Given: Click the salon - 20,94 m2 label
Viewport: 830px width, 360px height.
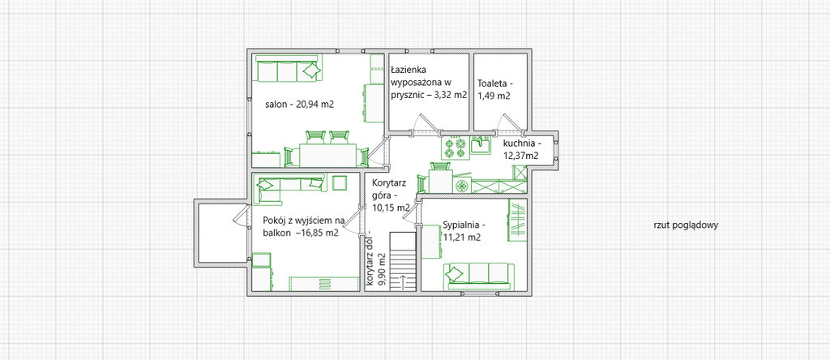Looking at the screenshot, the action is (300, 105).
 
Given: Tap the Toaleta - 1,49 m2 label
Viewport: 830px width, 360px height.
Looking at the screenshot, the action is (495, 89).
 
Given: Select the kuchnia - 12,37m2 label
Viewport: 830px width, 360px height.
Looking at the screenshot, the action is (521, 149).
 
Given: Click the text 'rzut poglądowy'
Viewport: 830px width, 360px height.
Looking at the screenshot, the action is (686, 225).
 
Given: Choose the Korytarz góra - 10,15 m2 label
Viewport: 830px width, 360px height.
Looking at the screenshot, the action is (391, 195).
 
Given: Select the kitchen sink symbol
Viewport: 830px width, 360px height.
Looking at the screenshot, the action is (481, 145).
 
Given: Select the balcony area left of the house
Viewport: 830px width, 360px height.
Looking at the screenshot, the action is (220, 232).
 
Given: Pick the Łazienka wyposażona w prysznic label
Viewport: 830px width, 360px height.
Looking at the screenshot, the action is (429, 83).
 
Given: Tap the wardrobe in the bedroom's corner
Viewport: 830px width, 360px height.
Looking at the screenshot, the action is (517, 221).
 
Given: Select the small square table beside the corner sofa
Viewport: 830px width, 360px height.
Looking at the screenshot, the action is (340, 182).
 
